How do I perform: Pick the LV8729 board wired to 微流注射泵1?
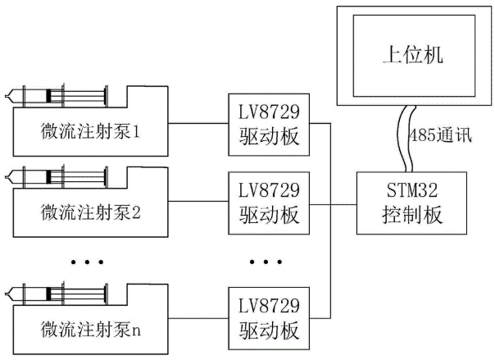click(x=266, y=123)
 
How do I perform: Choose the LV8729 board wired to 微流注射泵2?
click(x=266, y=205)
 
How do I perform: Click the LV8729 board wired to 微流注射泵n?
click(x=266, y=319)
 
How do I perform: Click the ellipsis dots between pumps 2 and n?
click(x=85, y=264)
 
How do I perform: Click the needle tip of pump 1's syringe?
click(x=7, y=96)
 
